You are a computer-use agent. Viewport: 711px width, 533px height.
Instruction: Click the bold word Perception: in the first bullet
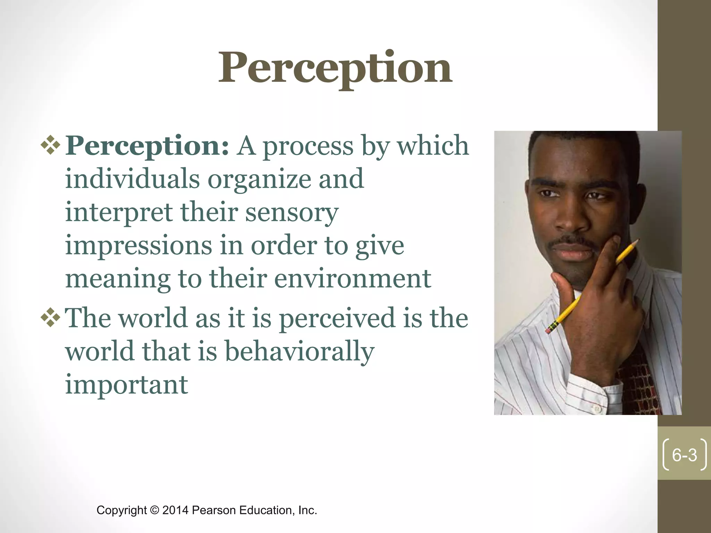click(x=147, y=146)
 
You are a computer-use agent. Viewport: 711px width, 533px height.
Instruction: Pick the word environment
click(x=353, y=279)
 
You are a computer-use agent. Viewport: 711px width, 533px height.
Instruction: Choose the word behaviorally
click(x=300, y=351)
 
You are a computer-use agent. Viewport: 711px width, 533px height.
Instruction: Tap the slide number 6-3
click(x=684, y=455)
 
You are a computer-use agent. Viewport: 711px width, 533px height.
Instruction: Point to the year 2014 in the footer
click(x=176, y=510)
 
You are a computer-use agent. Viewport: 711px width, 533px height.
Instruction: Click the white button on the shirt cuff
click(x=597, y=409)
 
